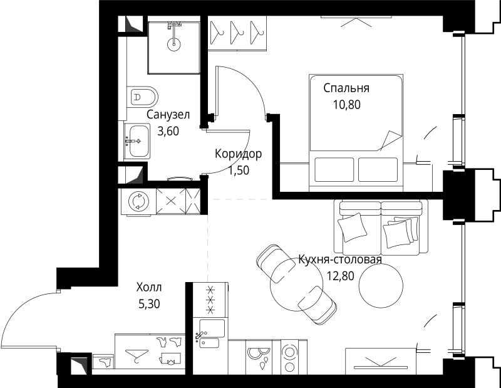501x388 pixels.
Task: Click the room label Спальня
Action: (x=346, y=88)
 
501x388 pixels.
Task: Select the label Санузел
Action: (x=168, y=115)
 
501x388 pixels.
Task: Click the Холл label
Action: (x=148, y=288)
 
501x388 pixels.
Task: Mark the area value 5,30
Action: (x=148, y=305)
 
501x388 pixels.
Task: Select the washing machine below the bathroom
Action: (x=137, y=201)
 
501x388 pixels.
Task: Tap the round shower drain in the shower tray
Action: (x=174, y=45)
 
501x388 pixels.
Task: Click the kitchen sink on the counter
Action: (x=212, y=335)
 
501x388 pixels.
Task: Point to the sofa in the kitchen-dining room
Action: (x=380, y=226)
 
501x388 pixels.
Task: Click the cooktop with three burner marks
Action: (x=212, y=300)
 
